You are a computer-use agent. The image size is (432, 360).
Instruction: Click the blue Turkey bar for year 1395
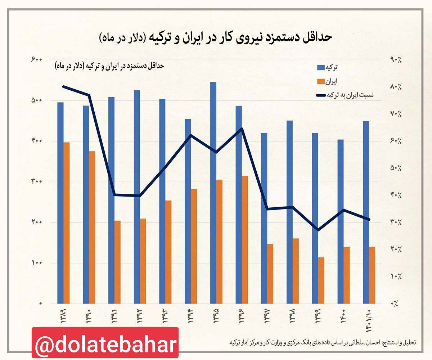[x=213, y=193]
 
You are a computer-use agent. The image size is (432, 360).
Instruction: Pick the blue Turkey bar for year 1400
[x=341, y=221]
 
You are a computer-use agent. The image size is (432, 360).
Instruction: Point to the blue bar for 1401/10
[x=366, y=212]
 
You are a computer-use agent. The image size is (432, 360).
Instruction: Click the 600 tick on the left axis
[x=36, y=59]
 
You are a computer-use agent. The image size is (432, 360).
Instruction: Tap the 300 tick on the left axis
[x=36, y=181]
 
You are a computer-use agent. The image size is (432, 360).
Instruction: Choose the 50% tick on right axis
[x=396, y=168]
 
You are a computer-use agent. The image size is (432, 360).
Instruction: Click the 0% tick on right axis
[x=396, y=303]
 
